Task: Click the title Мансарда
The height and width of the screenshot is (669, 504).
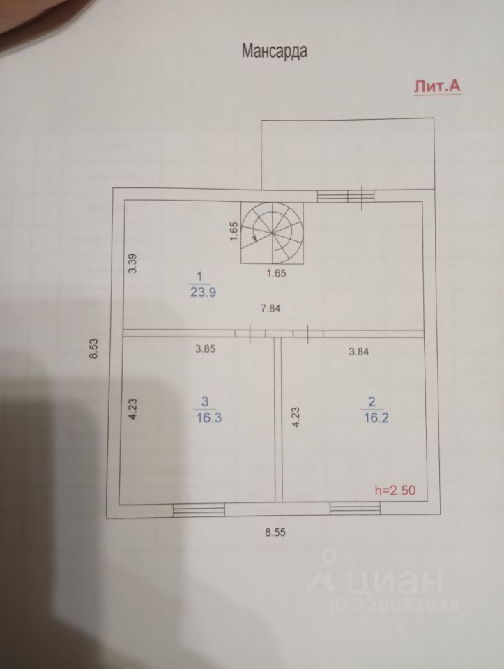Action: tap(274, 51)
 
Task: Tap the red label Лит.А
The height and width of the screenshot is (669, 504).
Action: tap(436, 86)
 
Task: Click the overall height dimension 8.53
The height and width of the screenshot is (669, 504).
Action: tap(92, 348)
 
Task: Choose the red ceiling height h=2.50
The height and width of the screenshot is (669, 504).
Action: tap(395, 491)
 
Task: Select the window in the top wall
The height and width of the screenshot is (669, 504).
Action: tap(345, 196)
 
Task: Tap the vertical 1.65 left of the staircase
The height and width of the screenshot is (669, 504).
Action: tap(234, 231)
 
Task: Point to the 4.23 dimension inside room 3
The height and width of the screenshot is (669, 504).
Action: tap(133, 406)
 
